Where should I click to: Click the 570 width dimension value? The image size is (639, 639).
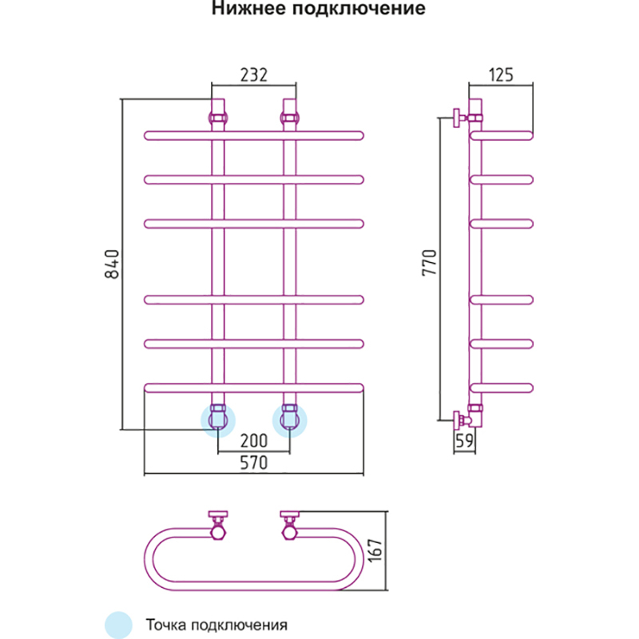point(253,463)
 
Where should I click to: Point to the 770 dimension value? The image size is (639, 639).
point(430,264)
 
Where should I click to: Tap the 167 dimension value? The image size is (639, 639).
point(379,551)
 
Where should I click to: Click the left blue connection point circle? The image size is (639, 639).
point(217,419)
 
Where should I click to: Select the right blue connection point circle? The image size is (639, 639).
point(289,419)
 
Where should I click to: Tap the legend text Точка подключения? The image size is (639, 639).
point(216,624)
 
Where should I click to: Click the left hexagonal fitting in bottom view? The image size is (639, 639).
point(217,530)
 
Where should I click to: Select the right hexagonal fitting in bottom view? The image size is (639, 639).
point(289,530)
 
